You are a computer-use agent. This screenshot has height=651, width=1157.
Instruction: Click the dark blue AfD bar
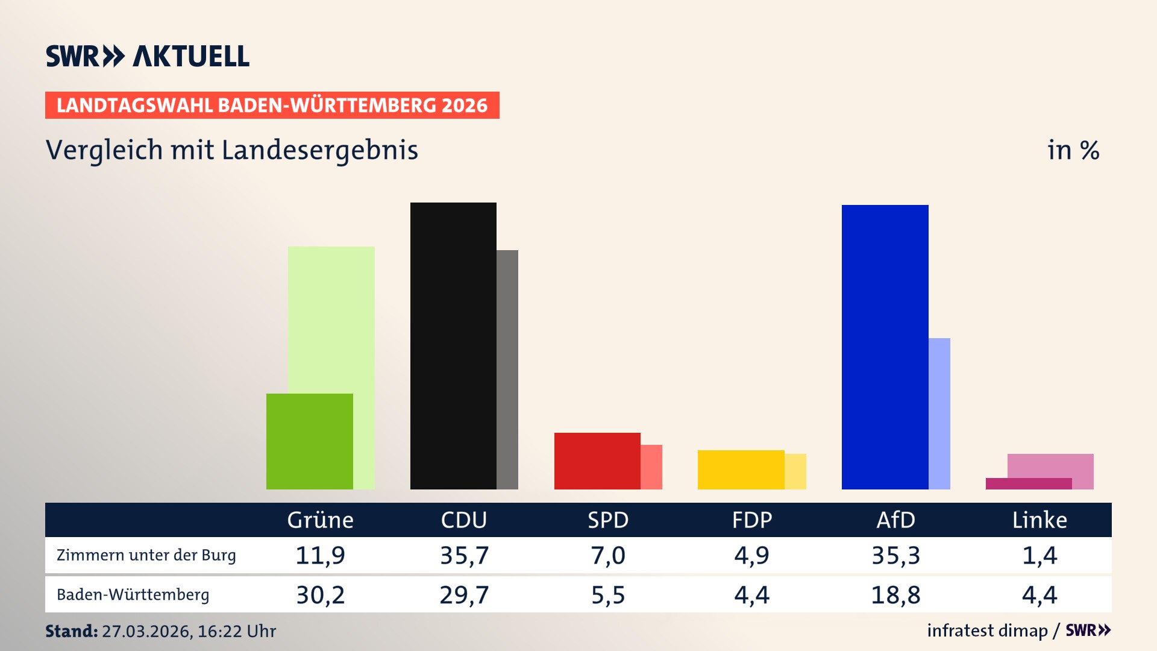(885, 347)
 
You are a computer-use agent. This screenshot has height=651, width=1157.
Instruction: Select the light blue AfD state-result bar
(939, 414)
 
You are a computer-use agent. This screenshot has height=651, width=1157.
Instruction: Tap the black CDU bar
(453, 345)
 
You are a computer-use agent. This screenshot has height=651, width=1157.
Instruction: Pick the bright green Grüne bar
(309, 441)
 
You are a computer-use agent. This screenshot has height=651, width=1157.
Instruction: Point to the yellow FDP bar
(741, 470)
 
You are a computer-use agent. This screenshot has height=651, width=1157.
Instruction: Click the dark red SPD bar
(597, 461)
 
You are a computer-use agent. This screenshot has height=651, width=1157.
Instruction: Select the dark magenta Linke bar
(1028, 483)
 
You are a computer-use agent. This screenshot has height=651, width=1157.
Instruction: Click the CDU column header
(463, 520)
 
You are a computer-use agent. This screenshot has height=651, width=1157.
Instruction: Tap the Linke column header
(1039, 520)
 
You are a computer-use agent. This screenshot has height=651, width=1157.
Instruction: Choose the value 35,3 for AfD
(895, 555)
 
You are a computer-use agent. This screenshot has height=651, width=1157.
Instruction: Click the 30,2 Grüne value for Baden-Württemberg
(320, 595)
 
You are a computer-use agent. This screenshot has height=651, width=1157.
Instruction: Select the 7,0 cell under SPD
(607, 555)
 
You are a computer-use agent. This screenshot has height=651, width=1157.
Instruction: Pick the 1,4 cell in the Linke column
(1039, 555)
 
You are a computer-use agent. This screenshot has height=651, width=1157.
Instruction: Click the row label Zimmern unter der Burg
(146, 555)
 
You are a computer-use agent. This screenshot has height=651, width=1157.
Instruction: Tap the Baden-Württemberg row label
(133, 595)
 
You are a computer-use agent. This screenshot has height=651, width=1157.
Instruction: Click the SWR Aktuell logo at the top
(148, 56)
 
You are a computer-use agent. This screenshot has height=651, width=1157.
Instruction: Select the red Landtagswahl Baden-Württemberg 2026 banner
(272, 105)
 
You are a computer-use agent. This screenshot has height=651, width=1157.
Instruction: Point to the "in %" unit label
(1073, 150)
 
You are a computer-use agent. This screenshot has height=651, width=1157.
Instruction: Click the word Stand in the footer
(71, 631)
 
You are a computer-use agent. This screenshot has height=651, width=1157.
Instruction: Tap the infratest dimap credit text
(986, 631)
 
